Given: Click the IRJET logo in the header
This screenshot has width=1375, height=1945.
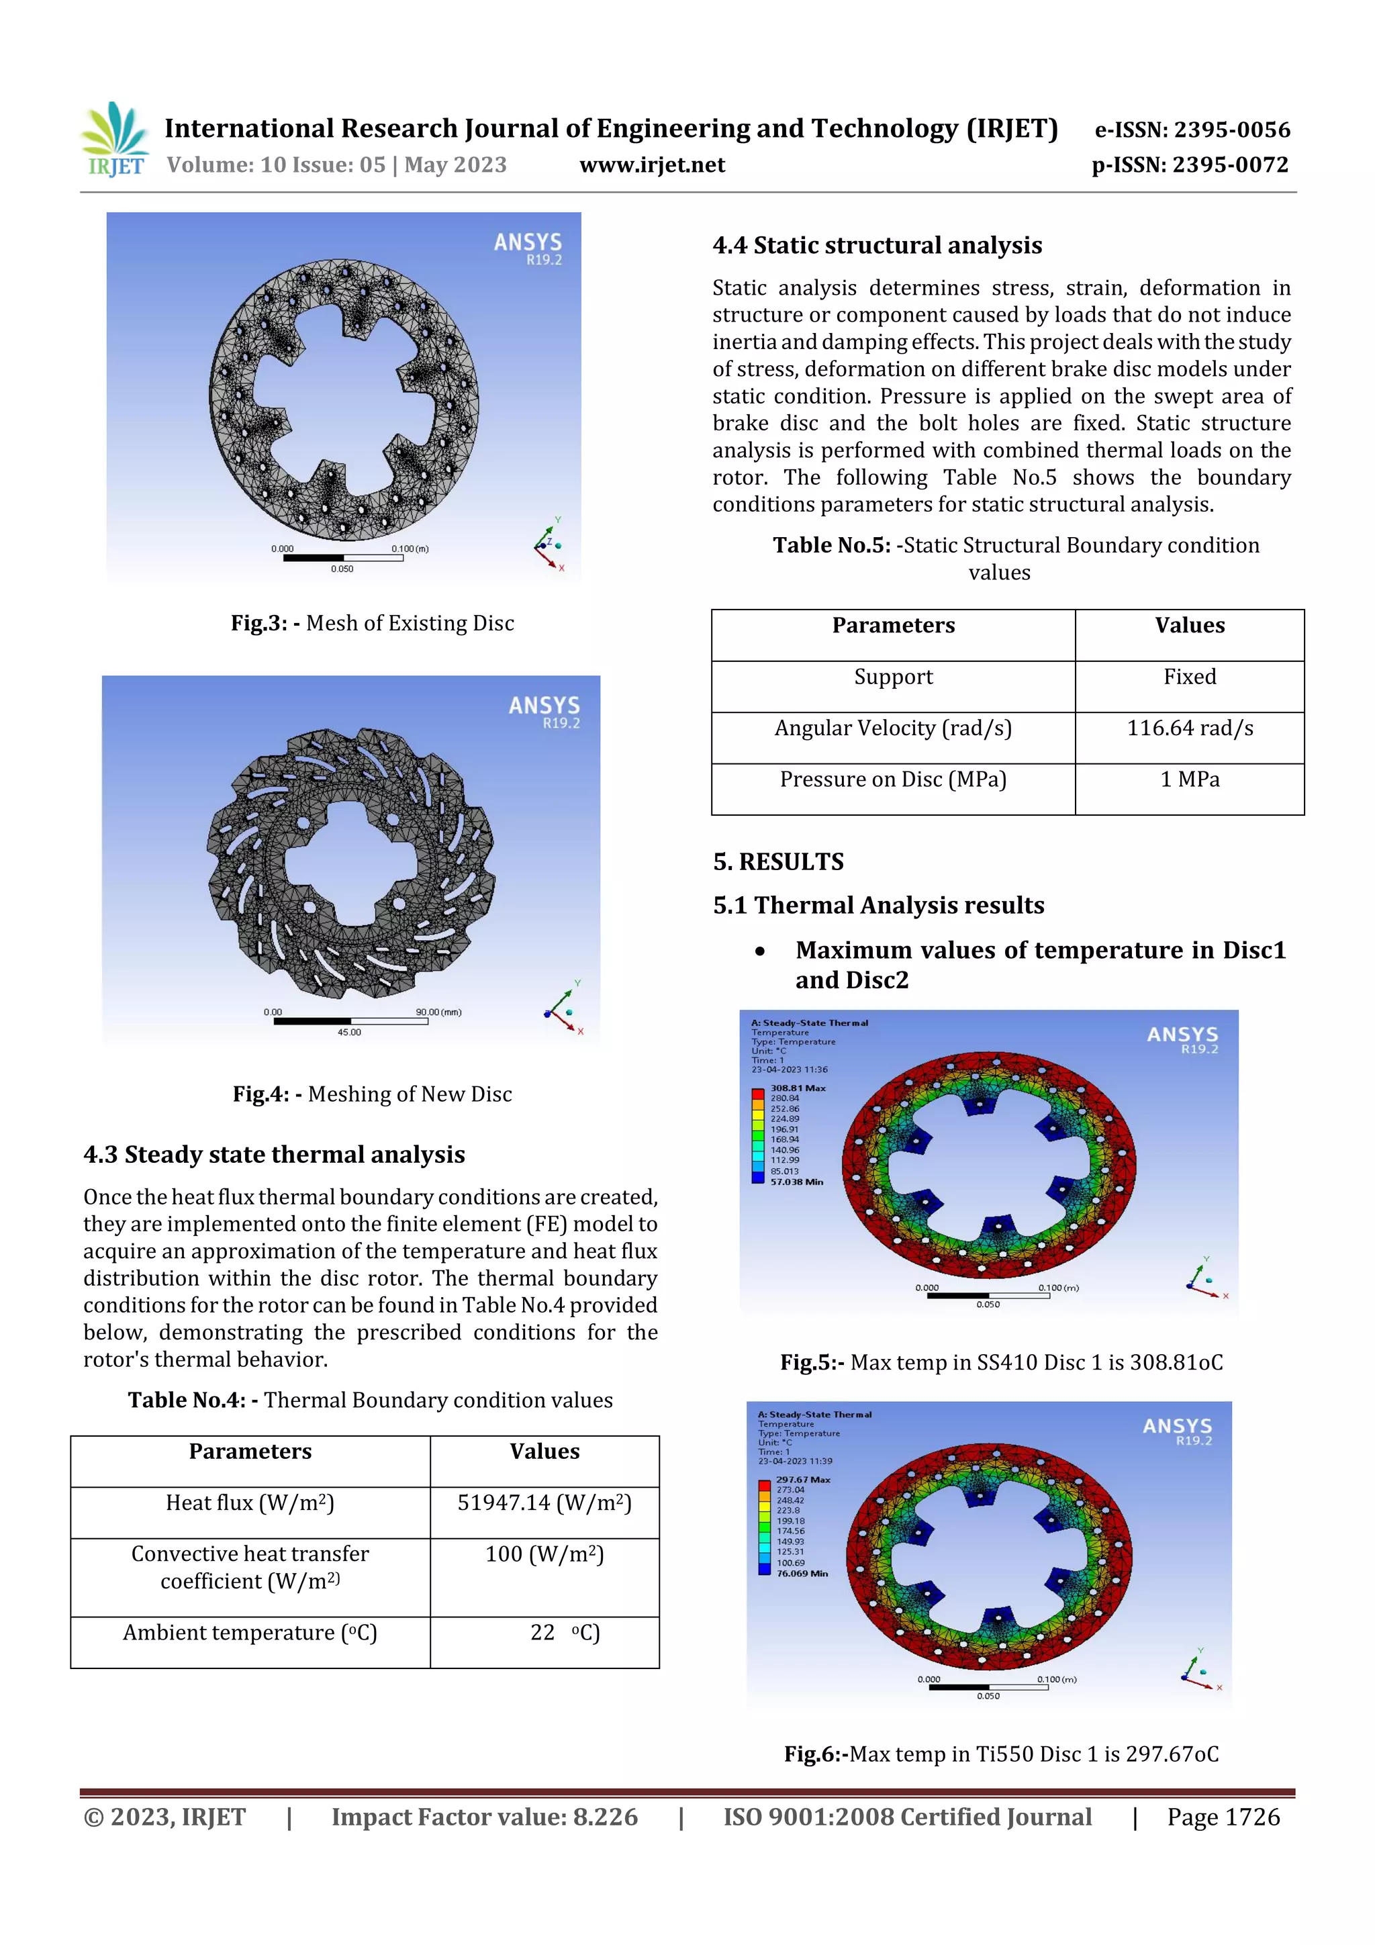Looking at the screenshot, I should click(x=115, y=140).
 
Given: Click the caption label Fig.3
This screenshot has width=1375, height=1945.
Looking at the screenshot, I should click(x=258, y=624).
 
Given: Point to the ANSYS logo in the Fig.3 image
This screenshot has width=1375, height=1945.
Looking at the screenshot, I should click(x=528, y=247).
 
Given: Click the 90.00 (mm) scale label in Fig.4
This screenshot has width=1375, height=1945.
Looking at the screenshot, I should click(x=438, y=1012).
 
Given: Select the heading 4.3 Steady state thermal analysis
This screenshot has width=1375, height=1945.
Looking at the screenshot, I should click(x=274, y=1155).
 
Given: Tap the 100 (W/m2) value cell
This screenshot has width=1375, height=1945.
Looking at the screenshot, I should click(x=544, y=1554).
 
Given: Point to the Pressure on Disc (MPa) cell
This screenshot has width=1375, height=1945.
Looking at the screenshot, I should click(x=893, y=779).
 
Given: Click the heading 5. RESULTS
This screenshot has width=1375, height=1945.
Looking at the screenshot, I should click(x=777, y=862).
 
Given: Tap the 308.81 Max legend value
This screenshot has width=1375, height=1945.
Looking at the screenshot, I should click(x=797, y=1088).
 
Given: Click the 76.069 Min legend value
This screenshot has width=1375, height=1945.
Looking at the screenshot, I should click(x=802, y=1573).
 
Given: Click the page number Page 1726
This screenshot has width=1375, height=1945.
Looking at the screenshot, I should click(x=1223, y=1817).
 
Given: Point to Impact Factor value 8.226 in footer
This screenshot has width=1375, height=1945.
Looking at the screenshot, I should click(x=484, y=1817).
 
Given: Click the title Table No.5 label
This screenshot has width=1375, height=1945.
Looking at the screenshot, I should click(x=829, y=546).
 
